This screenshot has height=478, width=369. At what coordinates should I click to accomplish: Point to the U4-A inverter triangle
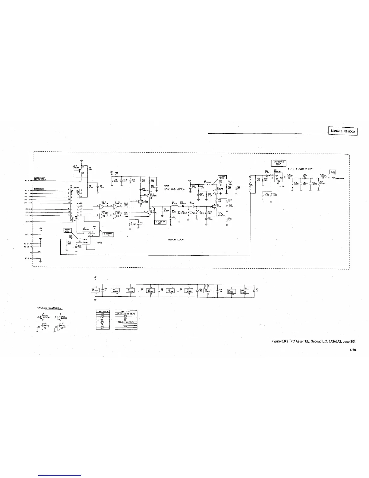pyautogui.click(x=96, y=208)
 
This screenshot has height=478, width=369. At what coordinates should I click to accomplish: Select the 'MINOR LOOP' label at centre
pyautogui.click(x=176, y=239)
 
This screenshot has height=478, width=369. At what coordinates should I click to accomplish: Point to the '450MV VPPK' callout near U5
pyautogui.click(x=67, y=230)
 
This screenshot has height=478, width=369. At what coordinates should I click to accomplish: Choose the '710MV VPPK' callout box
pyautogui.click(x=225, y=177)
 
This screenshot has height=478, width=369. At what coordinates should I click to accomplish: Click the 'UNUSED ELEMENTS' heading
pyautogui.click(x=49, y=308)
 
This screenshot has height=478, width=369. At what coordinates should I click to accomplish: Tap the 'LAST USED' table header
pyautogui.click(x=102, y=311)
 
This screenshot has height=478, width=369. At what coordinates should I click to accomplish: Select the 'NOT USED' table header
pyautogui.click(x=126, y=311)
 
